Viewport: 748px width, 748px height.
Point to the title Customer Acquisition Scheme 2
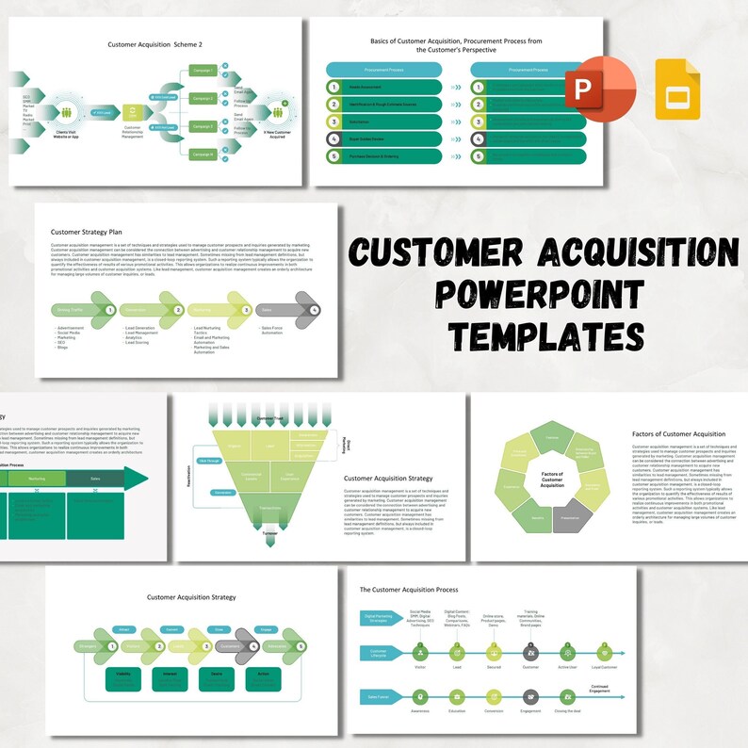(155, 43)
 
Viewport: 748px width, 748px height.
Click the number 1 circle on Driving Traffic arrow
(110, 309)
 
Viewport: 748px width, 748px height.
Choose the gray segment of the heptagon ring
(571, 518)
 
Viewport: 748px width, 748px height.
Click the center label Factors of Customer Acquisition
(552, 479)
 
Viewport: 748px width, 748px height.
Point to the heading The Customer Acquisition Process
(409, 589)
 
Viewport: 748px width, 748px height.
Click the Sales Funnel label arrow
(379, 696)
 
